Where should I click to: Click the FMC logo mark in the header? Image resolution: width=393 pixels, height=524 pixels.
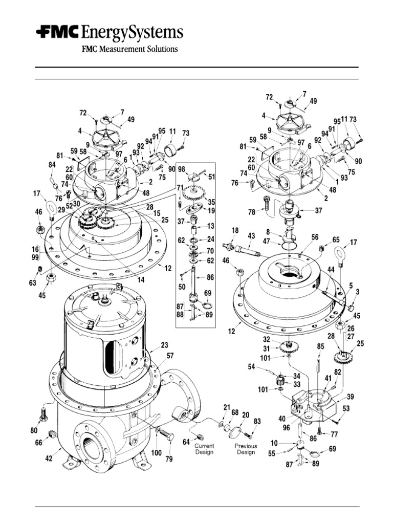point(57,33)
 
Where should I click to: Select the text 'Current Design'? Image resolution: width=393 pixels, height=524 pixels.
point(204,449)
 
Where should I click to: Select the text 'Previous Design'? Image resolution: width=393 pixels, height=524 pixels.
point(245,449)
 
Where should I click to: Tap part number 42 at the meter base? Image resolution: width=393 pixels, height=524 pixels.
point(49,458)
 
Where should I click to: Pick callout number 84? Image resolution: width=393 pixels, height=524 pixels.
point(51,165)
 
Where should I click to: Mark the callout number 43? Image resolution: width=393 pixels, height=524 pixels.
point(251,235)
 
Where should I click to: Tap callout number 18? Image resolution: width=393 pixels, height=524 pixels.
point(234,231)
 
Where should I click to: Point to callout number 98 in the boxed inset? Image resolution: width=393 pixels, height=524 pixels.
point(181,169)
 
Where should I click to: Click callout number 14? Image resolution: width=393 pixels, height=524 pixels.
point(141,280)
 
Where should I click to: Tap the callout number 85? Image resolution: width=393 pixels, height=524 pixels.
point(320,346)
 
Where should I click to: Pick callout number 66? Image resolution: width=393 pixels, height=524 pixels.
point(39,443)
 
